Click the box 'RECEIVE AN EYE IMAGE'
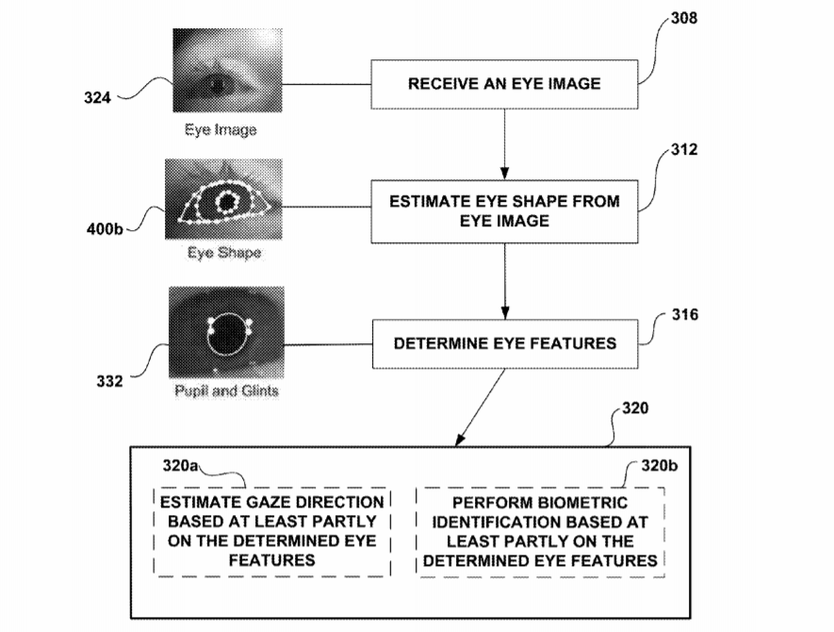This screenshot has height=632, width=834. (503, 85)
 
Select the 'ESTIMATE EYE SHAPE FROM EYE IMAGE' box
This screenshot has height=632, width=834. (503, 210)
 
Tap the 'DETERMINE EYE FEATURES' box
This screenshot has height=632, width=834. (503, 342)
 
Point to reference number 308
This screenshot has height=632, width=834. (684, 19)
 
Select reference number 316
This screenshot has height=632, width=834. (686, 315)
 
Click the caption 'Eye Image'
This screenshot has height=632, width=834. (220, 130)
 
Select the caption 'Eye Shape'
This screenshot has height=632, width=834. (223, 254)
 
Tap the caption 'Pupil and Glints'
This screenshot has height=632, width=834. (226, 390)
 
